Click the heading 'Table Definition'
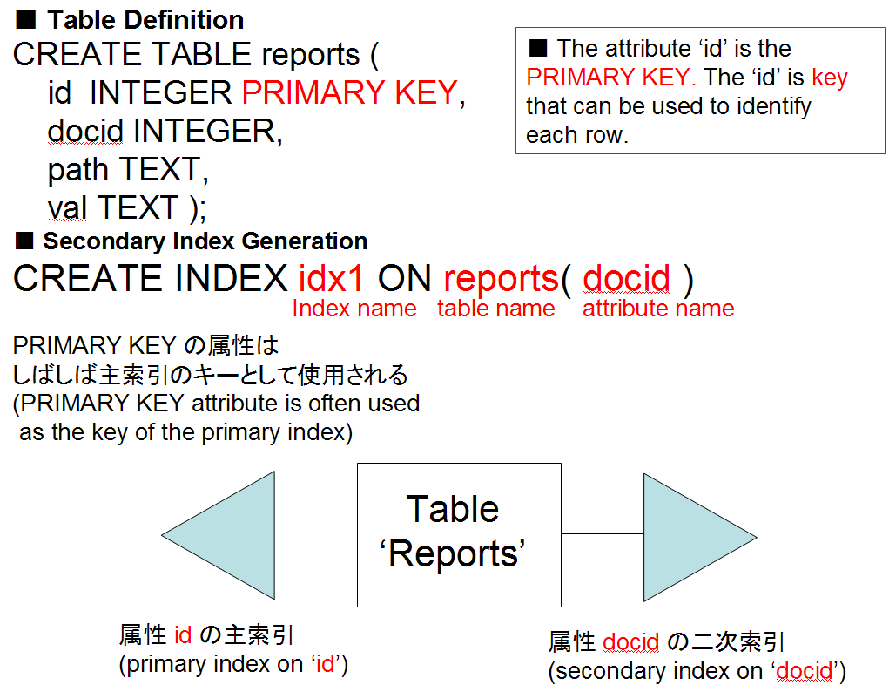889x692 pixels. [x=145, y=20]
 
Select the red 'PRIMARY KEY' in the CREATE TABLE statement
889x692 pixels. [x=350, y=92]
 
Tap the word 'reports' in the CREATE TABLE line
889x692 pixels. [x=311, y=55]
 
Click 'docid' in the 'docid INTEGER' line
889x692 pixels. [x=85, y=131]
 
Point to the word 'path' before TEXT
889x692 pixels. [x=77, y=170]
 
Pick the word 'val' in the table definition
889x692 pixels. [x=67, y=207]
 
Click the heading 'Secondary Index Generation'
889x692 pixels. [x=205, y=241]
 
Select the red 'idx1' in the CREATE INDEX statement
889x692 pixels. [x=331, y=278]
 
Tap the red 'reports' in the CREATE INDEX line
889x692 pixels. [x=502, y=279]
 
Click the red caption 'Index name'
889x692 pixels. [x=354, y=309]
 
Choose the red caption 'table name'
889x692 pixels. [x=496, y=309]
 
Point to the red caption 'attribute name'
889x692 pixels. [x=658, y=309]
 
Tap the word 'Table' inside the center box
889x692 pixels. [x=453, y=509]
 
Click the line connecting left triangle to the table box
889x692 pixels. [x=316, y=539]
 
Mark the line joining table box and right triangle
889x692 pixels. [x=603, y=533]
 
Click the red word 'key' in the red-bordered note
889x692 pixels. [x=830, y=78]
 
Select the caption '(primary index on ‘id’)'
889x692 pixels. [x=233, y=664]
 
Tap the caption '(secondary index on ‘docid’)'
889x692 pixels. [x=697, y=671]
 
